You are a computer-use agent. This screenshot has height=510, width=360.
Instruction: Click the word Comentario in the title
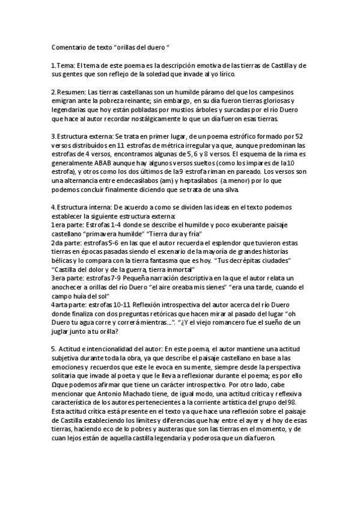point(68,46)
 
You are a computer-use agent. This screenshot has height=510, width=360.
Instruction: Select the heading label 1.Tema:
point(63,65)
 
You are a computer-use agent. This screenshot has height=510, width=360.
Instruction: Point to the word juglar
point(62,331)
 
